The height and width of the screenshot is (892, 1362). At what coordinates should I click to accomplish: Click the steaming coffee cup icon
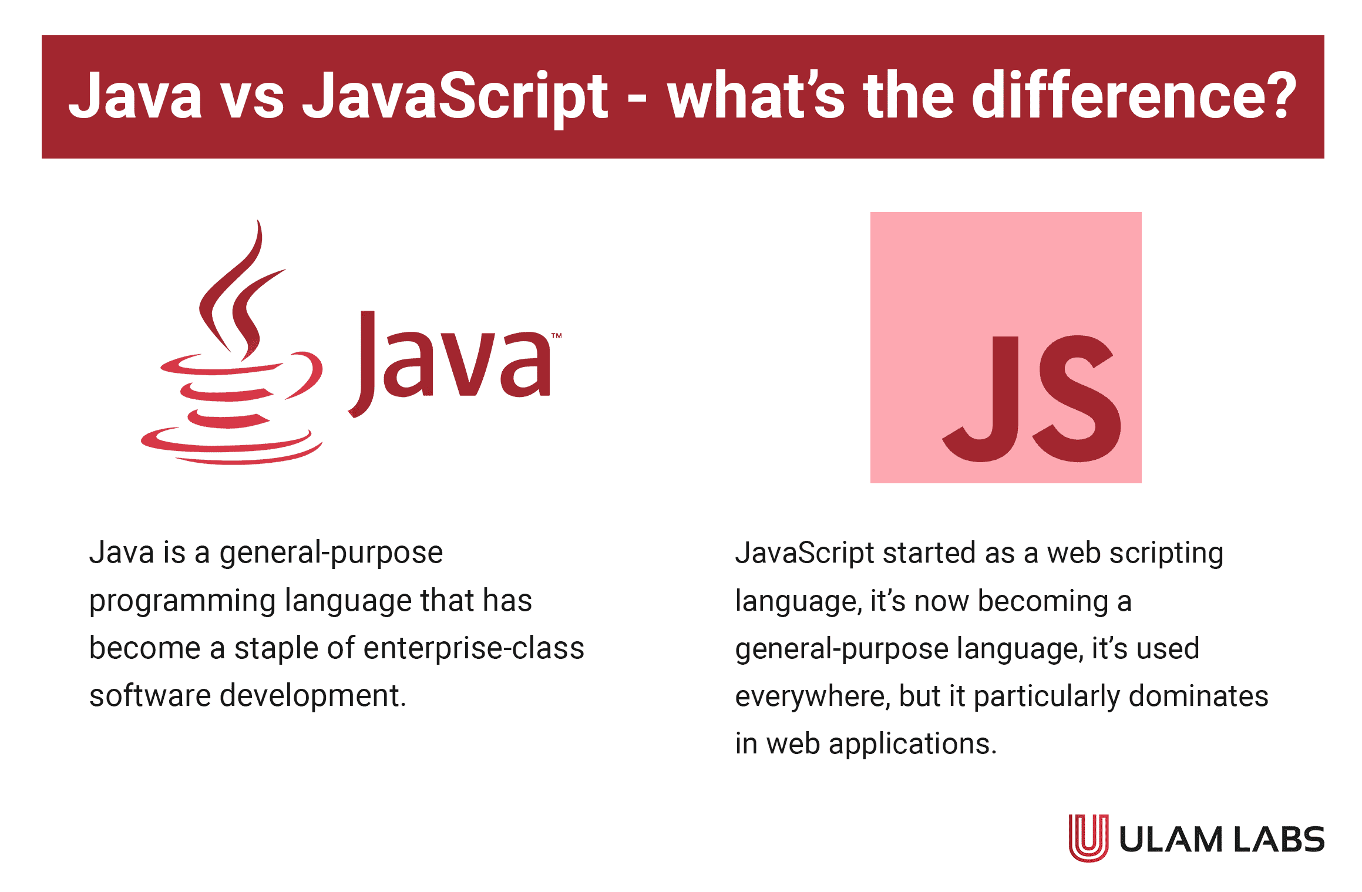tap(233, 343)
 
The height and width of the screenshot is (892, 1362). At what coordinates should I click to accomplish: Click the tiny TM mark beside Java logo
tap(556, 336)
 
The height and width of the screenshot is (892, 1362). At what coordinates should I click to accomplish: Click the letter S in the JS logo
tap(1076, 399)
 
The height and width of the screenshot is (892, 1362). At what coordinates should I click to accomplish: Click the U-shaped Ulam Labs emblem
tap(1088, 838)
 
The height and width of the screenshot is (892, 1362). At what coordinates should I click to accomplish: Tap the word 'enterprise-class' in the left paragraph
tap(474, 648)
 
